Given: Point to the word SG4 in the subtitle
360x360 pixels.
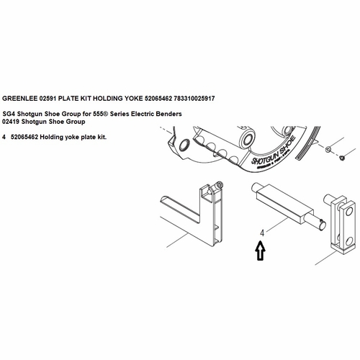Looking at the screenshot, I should [x=9, y=114].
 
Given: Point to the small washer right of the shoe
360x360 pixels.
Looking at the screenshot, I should [x=328, y=149].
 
